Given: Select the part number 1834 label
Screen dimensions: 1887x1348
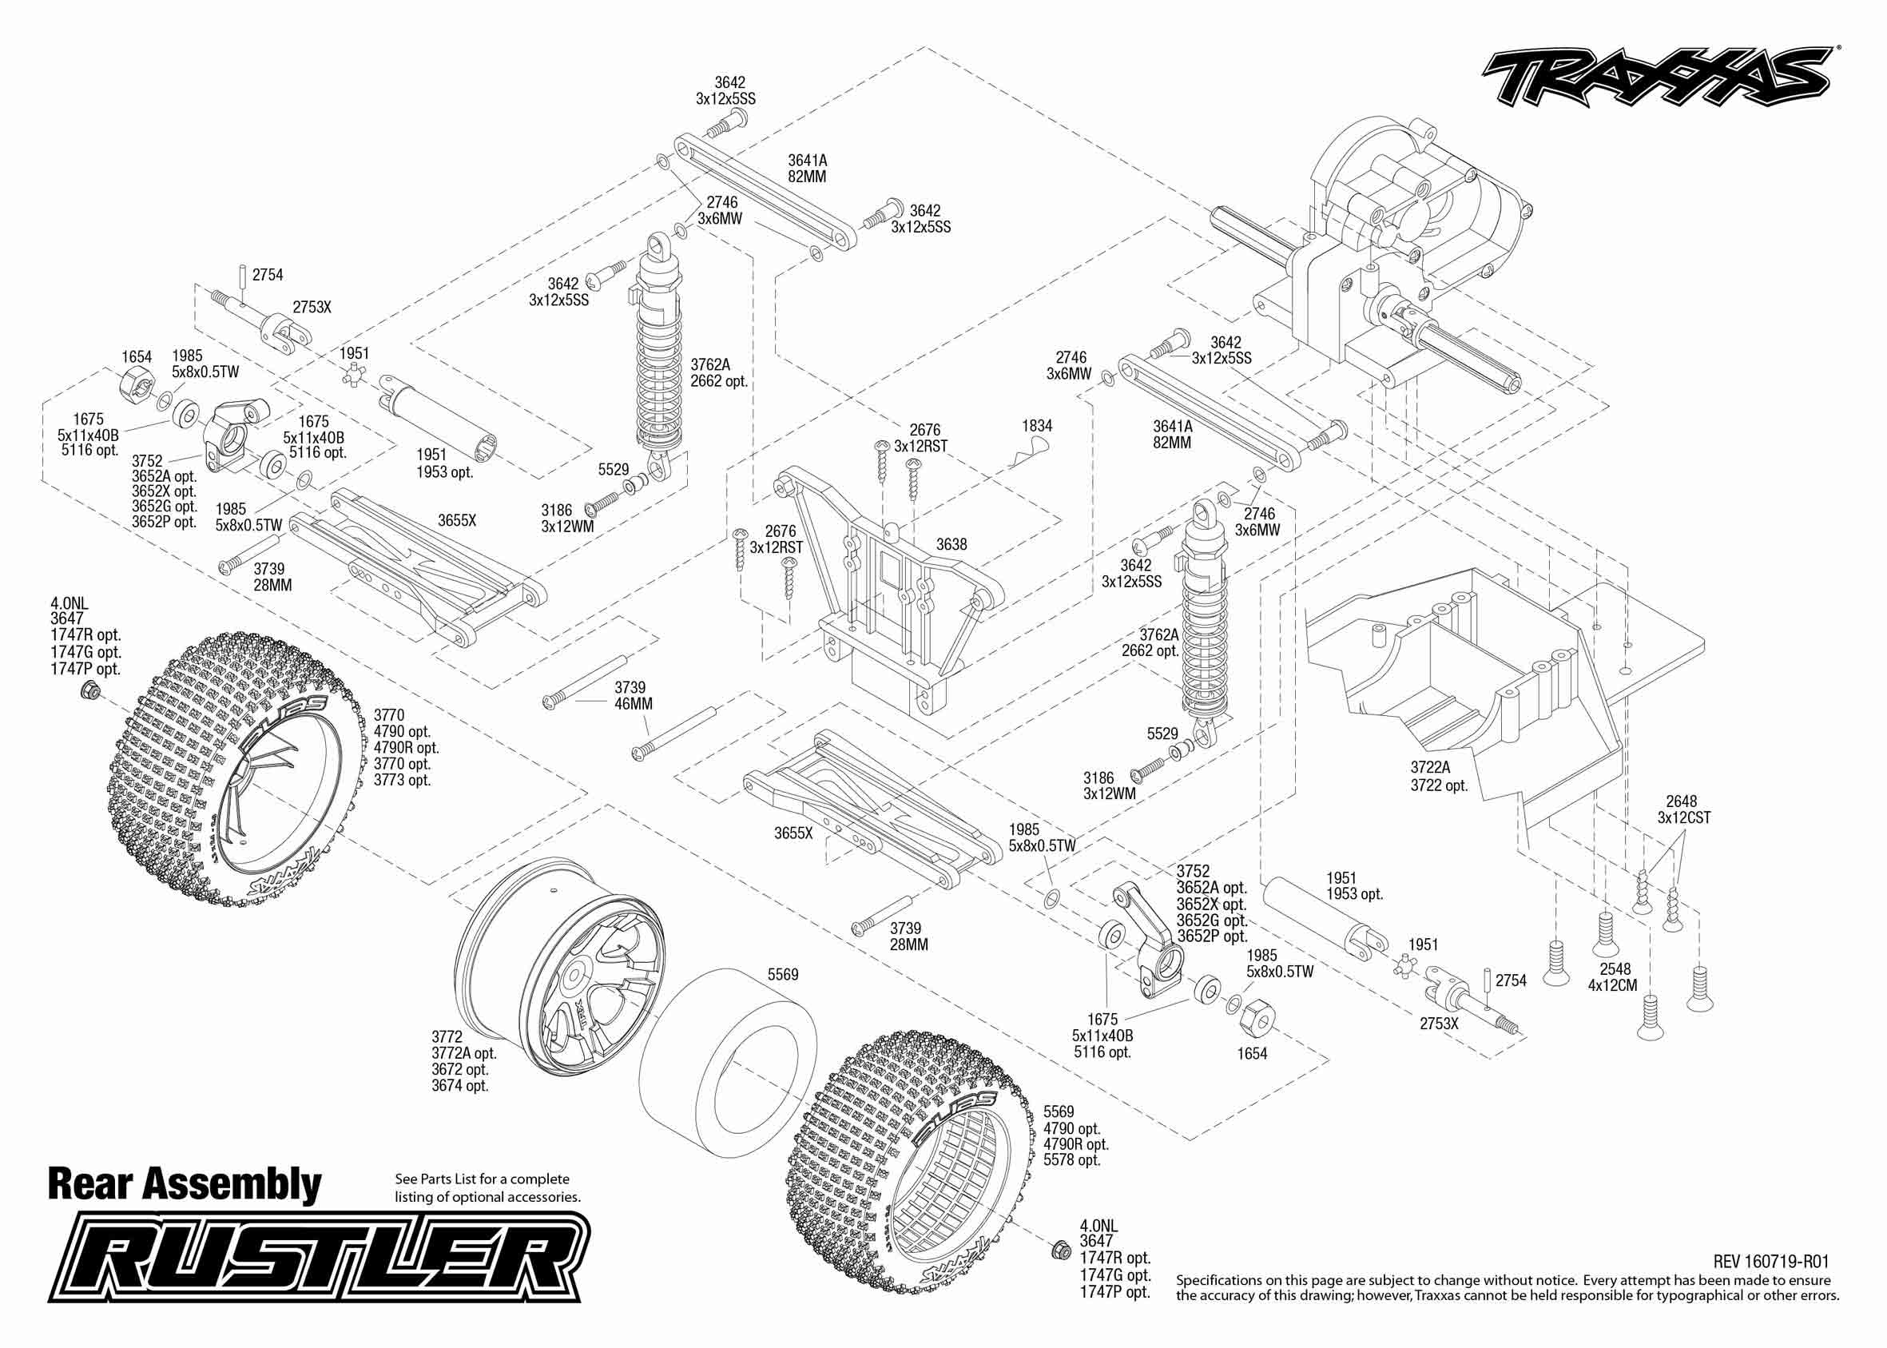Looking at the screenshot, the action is point(1036,426).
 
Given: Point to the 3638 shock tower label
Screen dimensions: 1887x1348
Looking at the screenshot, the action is point(951,544).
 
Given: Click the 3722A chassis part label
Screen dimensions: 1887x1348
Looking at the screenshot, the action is point(1431,768).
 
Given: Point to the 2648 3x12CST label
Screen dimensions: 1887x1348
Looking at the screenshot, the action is point(1684,809).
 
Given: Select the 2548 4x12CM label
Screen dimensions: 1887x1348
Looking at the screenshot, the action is point(1613,977).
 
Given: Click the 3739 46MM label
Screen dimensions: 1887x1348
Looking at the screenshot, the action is point(634,696).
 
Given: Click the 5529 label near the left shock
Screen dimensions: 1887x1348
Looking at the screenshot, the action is point(614,469).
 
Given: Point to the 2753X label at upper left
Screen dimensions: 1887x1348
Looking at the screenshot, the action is point(312,307).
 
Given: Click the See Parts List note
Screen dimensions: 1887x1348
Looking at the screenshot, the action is point(488,1188).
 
